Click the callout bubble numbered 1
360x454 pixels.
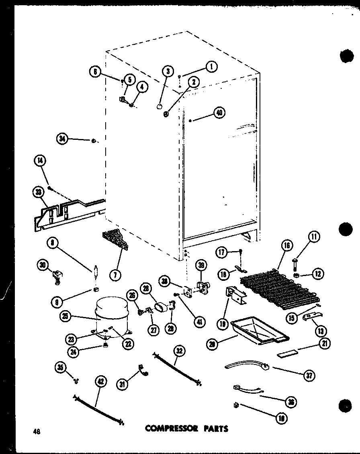coord(211,66)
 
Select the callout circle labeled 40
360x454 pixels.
coord(219,113)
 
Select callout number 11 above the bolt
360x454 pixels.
coord(314,237)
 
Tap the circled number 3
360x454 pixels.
coord(168,72)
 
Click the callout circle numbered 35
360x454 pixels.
coord(61,367)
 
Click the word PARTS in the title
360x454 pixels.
coord(215,428)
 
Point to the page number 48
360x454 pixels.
coord(37,432)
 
